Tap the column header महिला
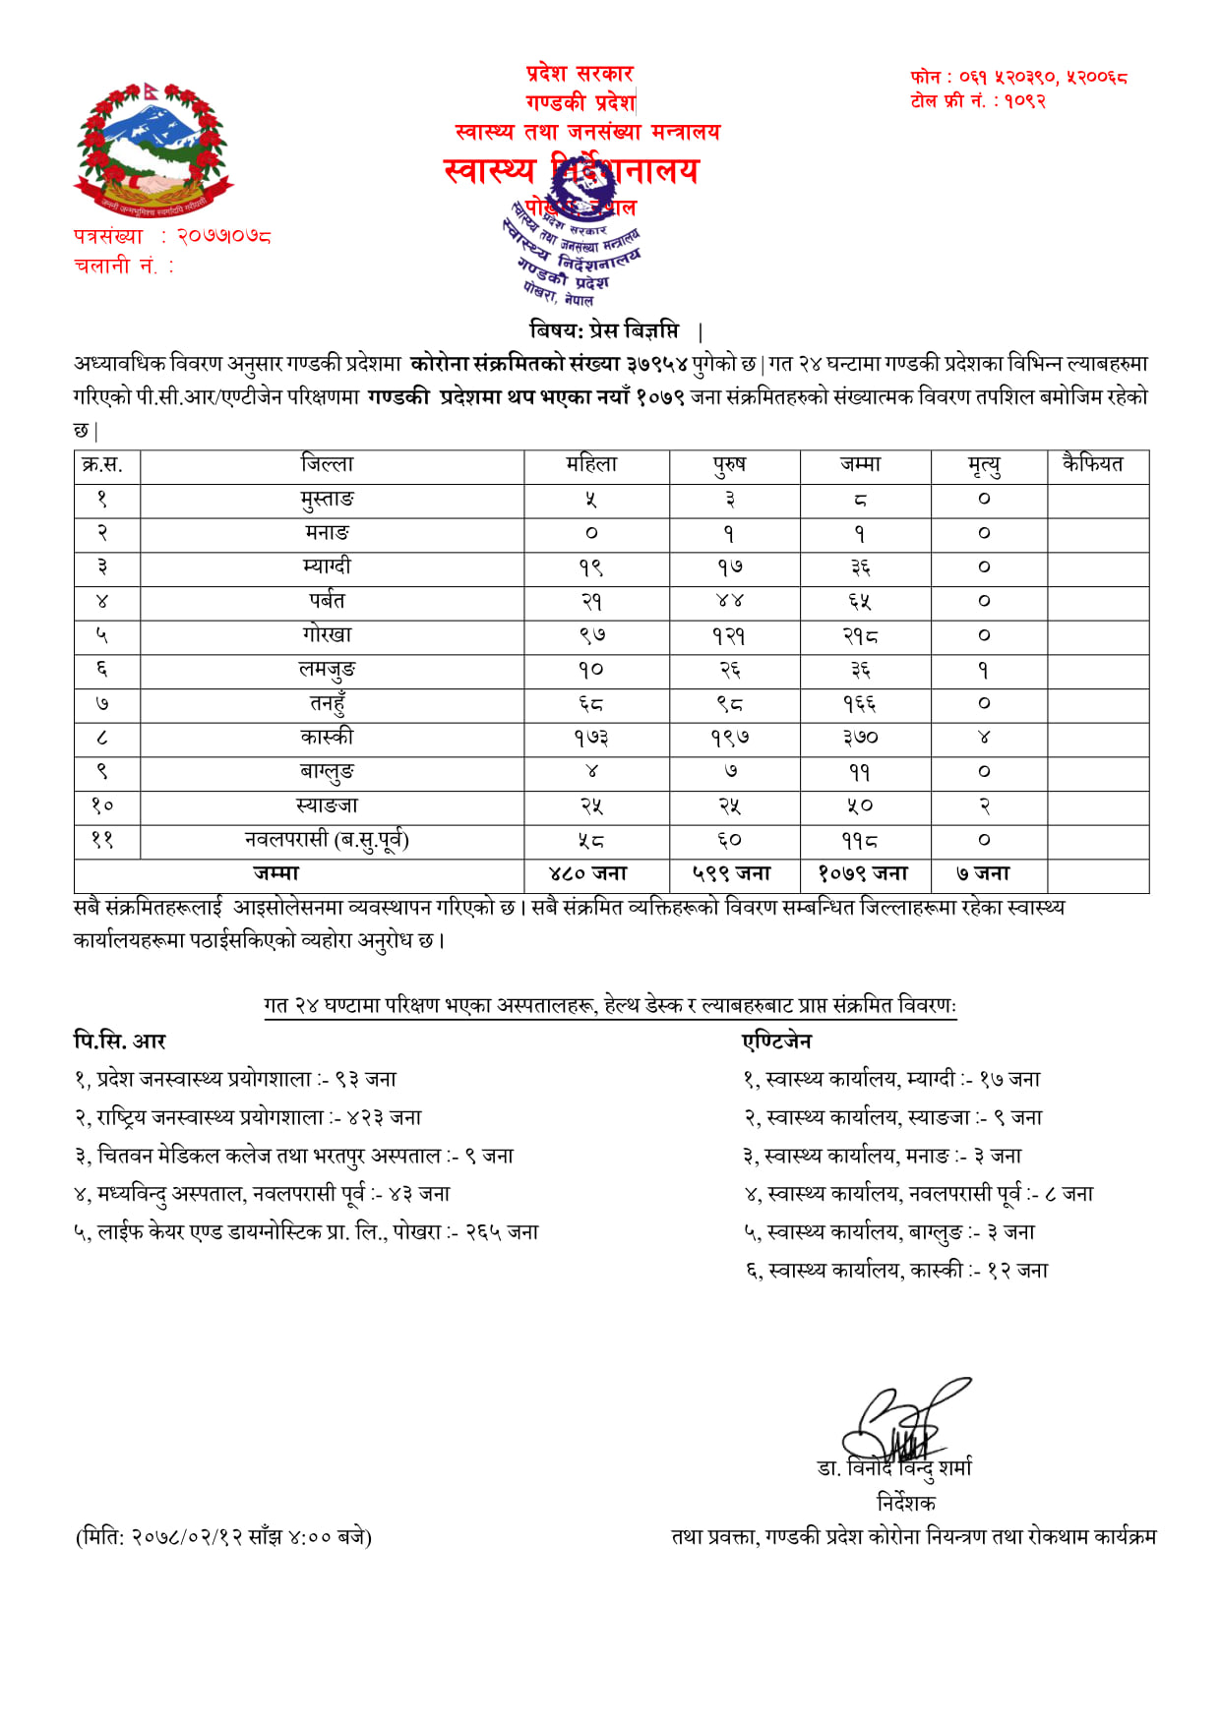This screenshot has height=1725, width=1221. tap(591, 465)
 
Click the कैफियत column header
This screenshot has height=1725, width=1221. tap(1093, 464)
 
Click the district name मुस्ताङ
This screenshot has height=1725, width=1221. tap(327, 500)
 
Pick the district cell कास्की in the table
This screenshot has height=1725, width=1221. tap(327, 738)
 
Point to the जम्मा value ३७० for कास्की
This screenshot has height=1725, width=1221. tap(860, 738)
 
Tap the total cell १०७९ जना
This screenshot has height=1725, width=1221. tap(863, 874)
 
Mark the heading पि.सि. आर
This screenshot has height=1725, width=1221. tap(120, 1041)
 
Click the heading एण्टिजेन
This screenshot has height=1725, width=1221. tap(777, 1041)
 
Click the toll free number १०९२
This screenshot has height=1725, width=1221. tap(1024, 101)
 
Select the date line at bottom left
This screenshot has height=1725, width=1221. tap(223, 1537)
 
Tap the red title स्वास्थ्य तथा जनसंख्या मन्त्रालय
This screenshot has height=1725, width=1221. tap(587, 132)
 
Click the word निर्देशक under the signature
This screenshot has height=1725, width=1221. tap(906, 1503)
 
